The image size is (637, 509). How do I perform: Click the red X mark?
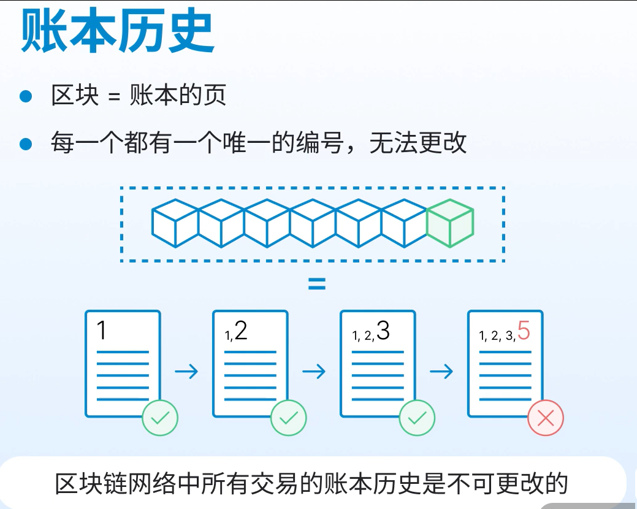point(545,418)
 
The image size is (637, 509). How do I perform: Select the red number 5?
point(524,331)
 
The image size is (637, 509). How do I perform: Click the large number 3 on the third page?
point(383,331)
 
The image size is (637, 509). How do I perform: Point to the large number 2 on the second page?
point(241,331)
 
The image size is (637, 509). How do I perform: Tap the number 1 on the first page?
point(102,331)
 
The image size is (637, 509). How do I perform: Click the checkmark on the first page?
point(160,418)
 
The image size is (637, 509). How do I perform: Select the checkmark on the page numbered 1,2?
point(288,418)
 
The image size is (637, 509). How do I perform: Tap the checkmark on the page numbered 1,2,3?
point(417,418)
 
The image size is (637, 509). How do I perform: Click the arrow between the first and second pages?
point(186,372)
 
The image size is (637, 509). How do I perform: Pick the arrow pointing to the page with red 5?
point(441,372)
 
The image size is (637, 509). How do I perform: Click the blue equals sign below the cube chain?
point(316,285)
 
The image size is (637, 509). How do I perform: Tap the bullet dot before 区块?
point(25,96)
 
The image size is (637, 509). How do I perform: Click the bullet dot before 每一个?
point(25,144)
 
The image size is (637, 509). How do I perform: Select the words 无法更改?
point(418,144)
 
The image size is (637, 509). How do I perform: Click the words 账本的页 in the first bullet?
point(178,96)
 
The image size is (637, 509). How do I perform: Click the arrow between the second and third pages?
point(314,372)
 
